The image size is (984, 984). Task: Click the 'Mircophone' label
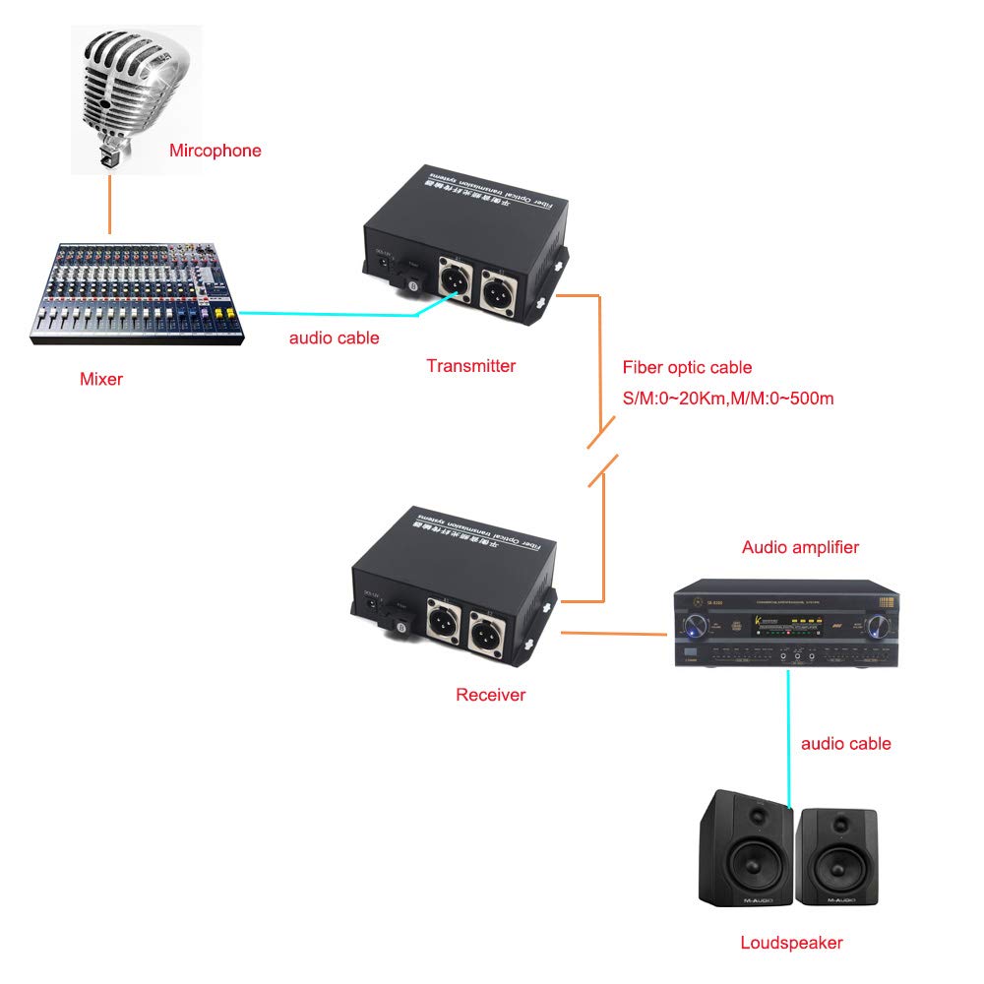coord(215,151)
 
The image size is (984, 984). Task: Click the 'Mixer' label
coord(101,378)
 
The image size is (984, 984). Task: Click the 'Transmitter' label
coord(470,366)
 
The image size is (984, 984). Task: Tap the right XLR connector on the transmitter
coord(498,286)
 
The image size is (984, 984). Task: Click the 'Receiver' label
coord(490,695)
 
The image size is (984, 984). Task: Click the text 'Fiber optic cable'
coord(687,367)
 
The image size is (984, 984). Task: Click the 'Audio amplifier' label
coord(800,547)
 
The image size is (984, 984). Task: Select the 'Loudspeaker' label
coord(791,942)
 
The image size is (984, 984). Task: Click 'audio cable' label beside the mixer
coord(334,338)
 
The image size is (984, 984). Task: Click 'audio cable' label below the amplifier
coord(845,743)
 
